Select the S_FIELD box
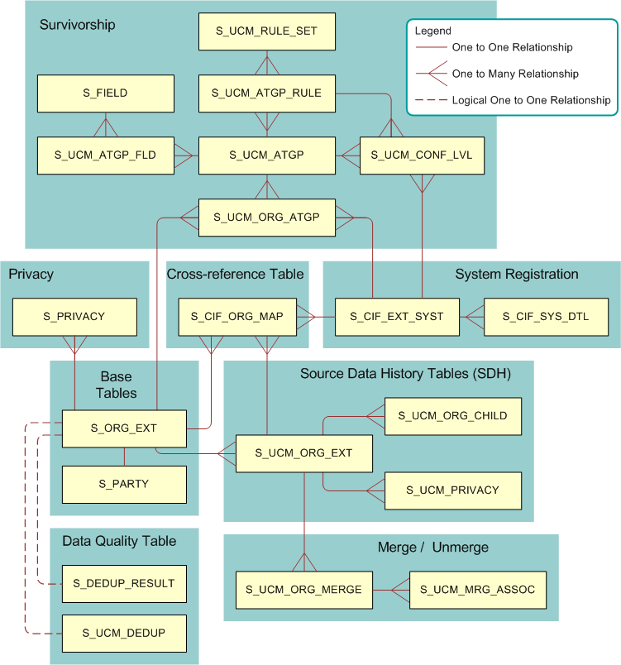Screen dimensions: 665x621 [105, 93]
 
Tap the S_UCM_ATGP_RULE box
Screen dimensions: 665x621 [266, 93]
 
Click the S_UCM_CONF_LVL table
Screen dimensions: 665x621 [422, 155]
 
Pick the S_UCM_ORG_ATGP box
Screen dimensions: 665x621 [266, 218]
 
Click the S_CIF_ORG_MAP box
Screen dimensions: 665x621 [237, 317]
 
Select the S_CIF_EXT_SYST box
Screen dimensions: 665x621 [397, 317]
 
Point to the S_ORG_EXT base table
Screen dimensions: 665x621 [124, 428]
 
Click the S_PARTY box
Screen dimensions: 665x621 [124, 484]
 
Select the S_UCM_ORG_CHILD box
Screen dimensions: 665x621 [453, 415]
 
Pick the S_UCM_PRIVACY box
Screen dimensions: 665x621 [453, 490]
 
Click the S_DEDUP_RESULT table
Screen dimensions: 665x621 [124, 583]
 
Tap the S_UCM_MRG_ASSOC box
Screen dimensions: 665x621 [478, 590]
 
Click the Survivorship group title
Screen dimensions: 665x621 [77, 25]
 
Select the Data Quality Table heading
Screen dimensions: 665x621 [119, 541]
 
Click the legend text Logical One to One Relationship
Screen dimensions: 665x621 [531, 100]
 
